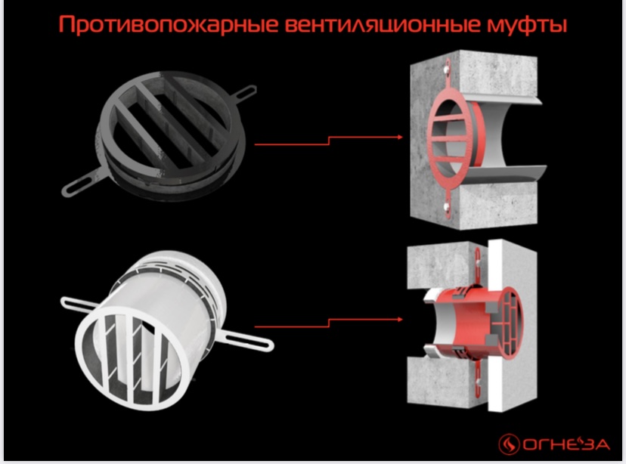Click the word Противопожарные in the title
pyautogui.click(x=168, y=25)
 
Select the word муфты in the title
pyautogui.click(x=527, y=26)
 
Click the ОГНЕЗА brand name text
pyautogui.click(x=566, y=444)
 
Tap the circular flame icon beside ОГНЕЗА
pyautogui.click(x=509, y=444)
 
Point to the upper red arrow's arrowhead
pyautogui.click(x=400, y=138)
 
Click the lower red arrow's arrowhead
pyautogui.click(x=400, y=319)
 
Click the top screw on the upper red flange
pyautogui.click(x=445, y=70)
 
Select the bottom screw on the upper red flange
pyautogui.click(x=446, y=206)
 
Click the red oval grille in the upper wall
pyautogui.click(x=450, y=138)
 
